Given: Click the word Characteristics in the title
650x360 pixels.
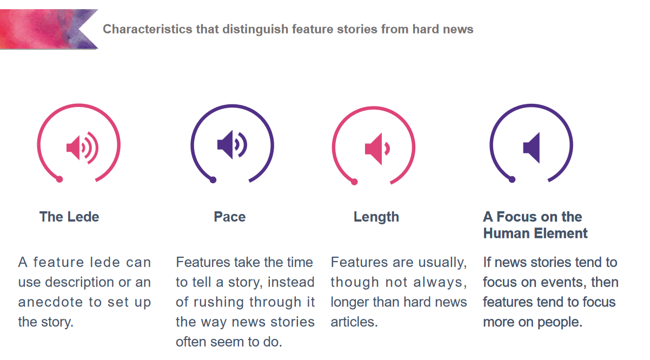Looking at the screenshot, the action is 148,29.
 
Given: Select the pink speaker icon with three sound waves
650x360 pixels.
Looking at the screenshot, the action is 82,148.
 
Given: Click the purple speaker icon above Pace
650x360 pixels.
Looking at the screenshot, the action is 232,145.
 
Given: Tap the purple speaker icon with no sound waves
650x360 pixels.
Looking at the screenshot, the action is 532,148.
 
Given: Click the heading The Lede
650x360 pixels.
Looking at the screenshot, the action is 69,217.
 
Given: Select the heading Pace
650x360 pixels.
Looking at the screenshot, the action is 230,217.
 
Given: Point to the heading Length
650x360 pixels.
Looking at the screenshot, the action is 376,217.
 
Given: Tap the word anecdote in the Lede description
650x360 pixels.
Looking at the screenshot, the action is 50,302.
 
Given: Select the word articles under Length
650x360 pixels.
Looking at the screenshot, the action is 354,322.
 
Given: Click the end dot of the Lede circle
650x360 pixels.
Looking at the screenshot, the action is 59,179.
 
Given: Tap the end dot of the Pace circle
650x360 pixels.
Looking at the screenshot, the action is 213,180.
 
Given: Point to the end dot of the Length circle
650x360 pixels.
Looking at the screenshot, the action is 354,182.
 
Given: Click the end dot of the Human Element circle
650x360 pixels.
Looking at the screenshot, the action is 512,179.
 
